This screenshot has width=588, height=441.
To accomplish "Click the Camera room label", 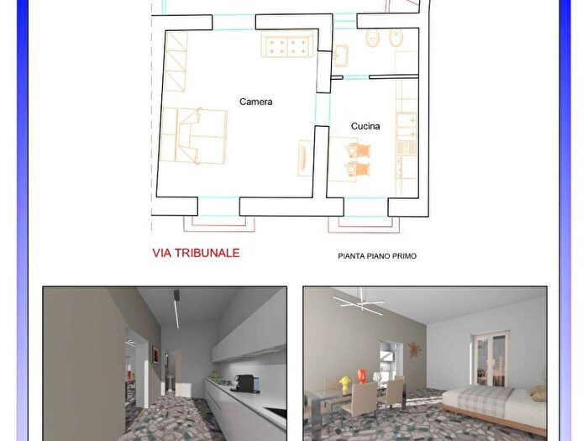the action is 255,102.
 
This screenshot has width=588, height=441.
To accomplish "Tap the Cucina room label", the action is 365,126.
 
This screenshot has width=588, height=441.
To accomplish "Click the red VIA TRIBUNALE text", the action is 196,253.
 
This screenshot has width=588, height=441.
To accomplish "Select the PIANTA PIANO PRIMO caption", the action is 377,256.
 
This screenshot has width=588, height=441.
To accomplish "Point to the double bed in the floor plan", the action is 193,136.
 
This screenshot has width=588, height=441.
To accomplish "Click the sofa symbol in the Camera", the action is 287,45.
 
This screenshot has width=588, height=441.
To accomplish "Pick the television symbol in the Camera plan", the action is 304,158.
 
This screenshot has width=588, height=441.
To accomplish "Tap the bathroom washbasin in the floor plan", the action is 340,55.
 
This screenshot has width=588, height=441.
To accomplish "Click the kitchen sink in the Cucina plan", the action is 407,126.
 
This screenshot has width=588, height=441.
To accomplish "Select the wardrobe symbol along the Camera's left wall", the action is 176,62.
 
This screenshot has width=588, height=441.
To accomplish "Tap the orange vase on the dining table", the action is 361,376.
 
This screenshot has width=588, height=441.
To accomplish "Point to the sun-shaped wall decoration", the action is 414,349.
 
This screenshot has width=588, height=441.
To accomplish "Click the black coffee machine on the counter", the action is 244,384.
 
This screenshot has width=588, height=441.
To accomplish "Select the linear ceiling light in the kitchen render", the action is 176,310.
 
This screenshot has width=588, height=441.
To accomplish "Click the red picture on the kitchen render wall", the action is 155,354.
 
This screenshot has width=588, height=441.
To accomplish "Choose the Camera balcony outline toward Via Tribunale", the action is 219,224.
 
